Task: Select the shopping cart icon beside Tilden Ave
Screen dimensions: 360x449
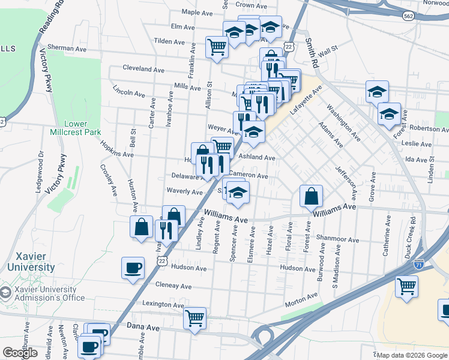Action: click(216, 46)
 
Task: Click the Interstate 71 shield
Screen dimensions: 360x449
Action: click(418, 263)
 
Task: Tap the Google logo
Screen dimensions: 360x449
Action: click(20, 353)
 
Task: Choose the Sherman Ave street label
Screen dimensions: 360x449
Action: click(68, 48)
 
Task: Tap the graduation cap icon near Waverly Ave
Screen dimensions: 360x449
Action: click(238, 193)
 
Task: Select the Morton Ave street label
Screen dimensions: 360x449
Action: click(301, 298)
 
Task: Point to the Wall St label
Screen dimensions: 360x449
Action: click(328, 50)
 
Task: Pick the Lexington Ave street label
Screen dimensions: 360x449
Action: click(163, 305)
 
